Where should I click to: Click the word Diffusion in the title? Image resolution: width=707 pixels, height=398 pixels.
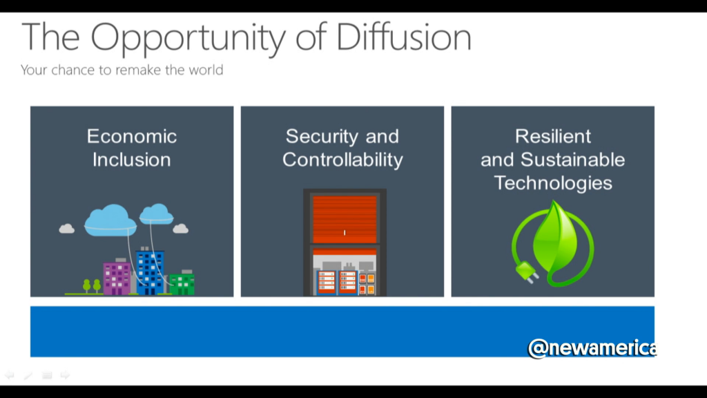point(403,37)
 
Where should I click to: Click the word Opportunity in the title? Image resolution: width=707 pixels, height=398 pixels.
point(188,39)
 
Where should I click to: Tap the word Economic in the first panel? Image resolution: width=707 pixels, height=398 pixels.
point(132,136)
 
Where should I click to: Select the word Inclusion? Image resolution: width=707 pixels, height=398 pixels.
point(132,160)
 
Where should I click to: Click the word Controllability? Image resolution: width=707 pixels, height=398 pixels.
point(342,160)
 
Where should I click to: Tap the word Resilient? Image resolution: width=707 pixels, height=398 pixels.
point(553,136)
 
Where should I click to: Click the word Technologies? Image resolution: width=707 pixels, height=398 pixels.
point(553,184)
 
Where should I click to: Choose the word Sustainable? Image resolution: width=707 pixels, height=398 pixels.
point(572,160)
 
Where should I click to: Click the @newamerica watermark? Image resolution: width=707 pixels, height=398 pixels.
point(592,348)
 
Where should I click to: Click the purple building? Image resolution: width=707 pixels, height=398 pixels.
point(117,277)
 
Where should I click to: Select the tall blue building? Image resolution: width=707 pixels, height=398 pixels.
point(149,271)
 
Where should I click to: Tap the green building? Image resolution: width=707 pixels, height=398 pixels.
point(182,283)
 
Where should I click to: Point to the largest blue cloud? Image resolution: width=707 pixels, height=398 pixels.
point(110,220)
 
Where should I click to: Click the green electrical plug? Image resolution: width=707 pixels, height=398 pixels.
point(525,272)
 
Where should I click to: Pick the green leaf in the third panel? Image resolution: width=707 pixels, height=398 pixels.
point(554,238)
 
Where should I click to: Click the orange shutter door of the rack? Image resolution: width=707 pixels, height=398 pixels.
point(345,219)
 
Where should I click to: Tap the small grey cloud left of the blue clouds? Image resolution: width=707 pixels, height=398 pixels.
point(67,229)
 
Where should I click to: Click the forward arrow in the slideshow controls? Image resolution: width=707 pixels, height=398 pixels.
point(66,375)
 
